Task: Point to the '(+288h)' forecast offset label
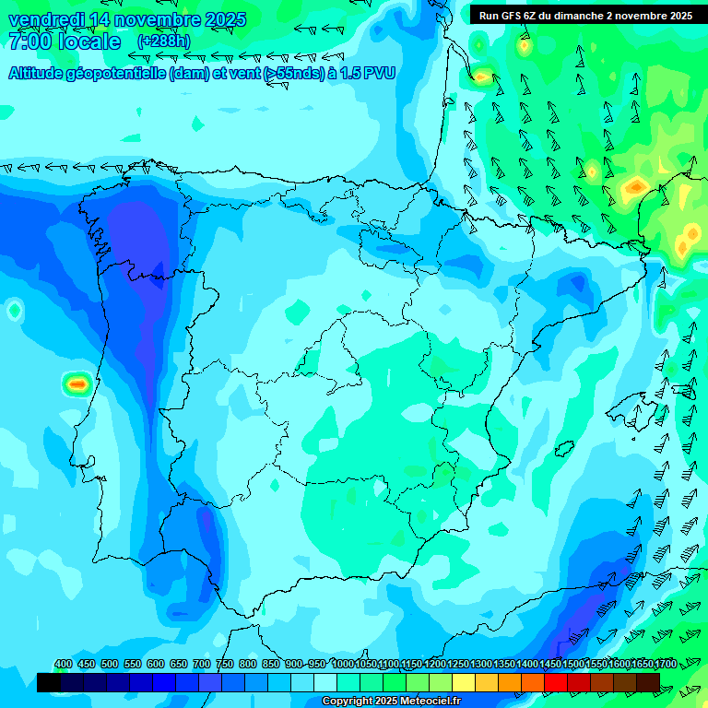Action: [163, 41]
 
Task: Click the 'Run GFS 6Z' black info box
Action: [585, 16]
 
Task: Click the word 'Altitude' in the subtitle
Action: [41, 74]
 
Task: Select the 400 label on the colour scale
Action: [64, 664]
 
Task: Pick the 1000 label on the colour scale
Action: [344, 664]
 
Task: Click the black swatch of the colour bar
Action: [49, 682]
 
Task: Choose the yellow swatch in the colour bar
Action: [464, 682]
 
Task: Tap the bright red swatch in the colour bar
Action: [556, 682]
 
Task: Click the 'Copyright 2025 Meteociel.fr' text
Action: [391, 702]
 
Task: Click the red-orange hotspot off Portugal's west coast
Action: [77, 383]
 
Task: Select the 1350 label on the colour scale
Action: [504, 664]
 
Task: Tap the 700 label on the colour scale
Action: [201, 664]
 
